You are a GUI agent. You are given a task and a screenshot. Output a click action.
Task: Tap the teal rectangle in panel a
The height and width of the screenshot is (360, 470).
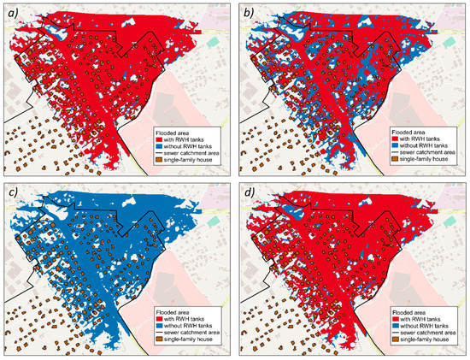click(211, 40)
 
